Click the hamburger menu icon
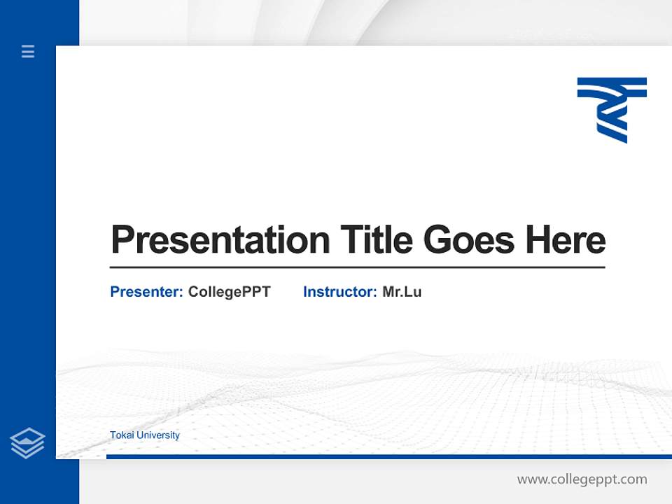(x=28, y=51)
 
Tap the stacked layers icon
(x=27, y=443)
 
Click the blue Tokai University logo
(x=611, y=110)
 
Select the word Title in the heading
(x=376, y=240)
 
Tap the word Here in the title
(x=566, y=240)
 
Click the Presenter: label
(x=146, y=292)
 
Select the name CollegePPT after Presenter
(x=229, y=292)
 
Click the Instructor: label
(x=339, y=292)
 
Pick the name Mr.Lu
(x=402, y=292)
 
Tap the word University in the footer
(x=158, y=435)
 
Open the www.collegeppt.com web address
(x=582, y=479)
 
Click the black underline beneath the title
(x=357, y=267)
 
